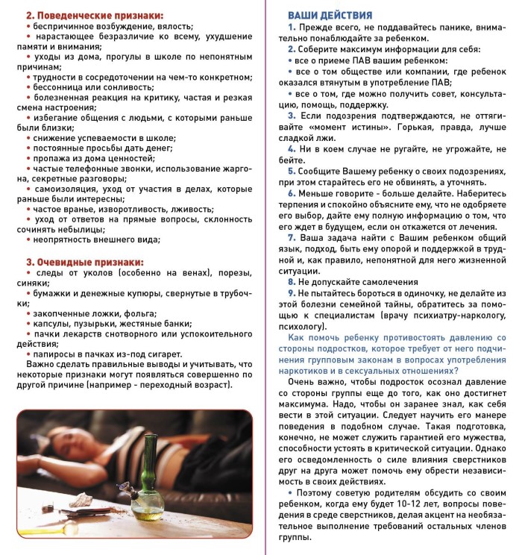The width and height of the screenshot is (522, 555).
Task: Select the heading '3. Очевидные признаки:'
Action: [84, 262]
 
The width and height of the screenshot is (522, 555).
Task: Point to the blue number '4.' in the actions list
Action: [292, 149]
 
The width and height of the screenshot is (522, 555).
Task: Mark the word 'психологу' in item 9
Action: [301, 325]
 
